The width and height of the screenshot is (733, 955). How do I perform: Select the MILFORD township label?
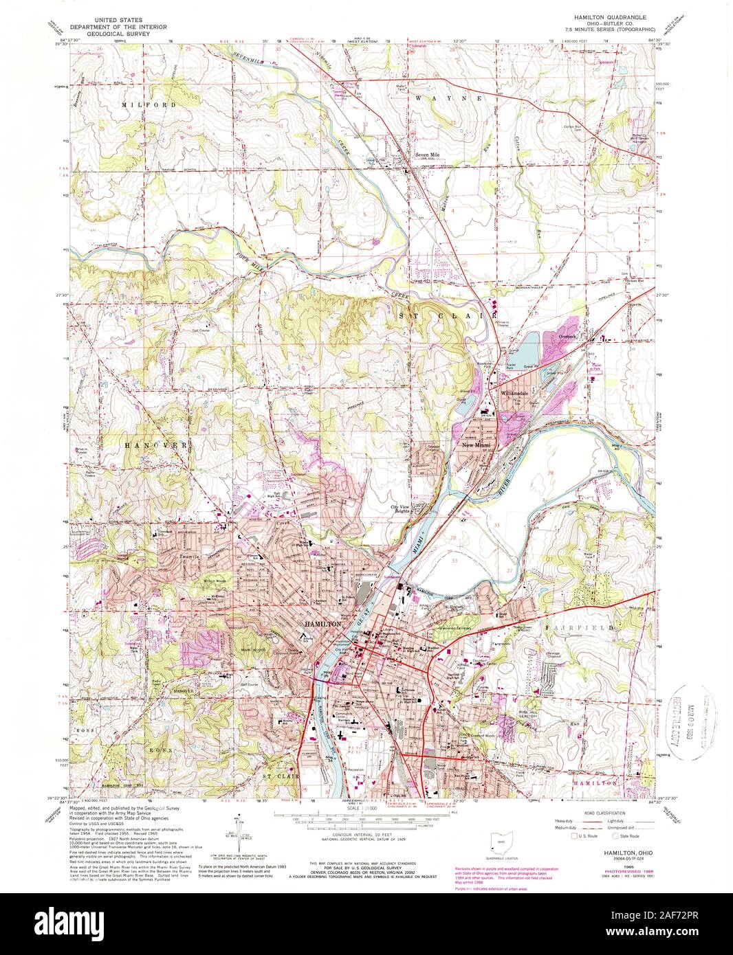[144, 104]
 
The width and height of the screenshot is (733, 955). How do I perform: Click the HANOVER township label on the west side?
[155, 445]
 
